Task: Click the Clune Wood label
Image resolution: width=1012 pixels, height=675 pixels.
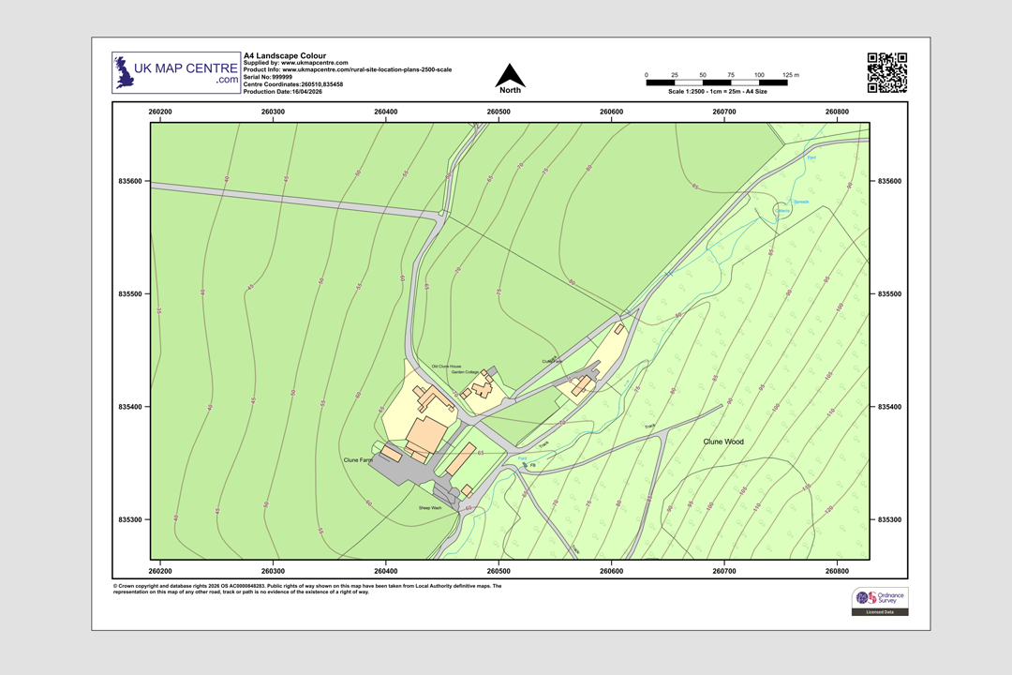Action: (x=723, y=441)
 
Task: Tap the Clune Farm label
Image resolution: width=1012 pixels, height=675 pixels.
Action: (x=359, y=460)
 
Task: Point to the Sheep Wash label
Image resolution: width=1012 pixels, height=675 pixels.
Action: (x=430, y=507)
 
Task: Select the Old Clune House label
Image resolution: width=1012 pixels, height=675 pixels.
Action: (x=447, y=366)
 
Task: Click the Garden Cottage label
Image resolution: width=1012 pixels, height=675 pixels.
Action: (x=465, y=372)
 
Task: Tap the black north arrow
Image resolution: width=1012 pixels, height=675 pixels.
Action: (x=510, y=76)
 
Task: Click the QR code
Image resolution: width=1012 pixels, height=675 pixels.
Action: (x=886, y=73)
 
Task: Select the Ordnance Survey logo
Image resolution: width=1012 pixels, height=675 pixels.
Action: (x=879, y=601)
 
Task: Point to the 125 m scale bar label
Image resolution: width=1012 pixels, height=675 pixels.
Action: (x=791, y=74)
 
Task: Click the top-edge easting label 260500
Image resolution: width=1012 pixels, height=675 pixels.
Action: (x=499, y=112)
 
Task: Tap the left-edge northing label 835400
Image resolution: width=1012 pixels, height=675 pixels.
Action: (x=128, y=407)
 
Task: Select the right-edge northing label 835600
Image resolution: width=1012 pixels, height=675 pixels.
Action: (x=890, y=181)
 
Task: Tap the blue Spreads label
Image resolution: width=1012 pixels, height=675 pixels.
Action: (x=801, y=202)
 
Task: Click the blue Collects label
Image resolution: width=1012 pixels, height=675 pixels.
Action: (x=784, y=211)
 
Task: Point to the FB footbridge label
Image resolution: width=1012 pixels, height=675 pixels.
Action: (x=532, y=466)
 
